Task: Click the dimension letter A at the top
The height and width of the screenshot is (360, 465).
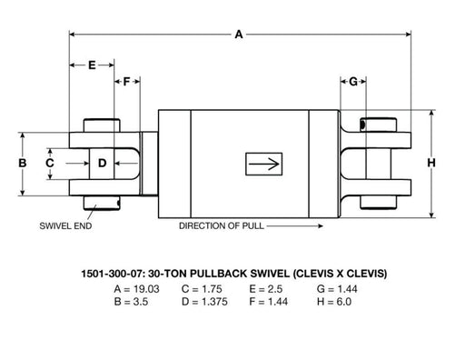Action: coord(239,35)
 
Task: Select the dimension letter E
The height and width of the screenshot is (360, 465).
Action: coord(92,65)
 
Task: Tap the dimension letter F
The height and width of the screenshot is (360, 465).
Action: coord(126,82)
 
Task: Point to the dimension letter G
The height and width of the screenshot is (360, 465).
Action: coord(353,82)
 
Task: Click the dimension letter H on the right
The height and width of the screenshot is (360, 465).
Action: coord(431,163)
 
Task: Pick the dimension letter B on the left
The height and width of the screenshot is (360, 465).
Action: coord(23,163)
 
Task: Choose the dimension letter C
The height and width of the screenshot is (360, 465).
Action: coord(50,163)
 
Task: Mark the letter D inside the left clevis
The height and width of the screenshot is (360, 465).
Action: coord(103,163)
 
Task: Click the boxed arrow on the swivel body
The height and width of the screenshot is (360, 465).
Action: coord(264,164)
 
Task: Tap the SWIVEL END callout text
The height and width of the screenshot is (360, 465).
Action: coord(65,225)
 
